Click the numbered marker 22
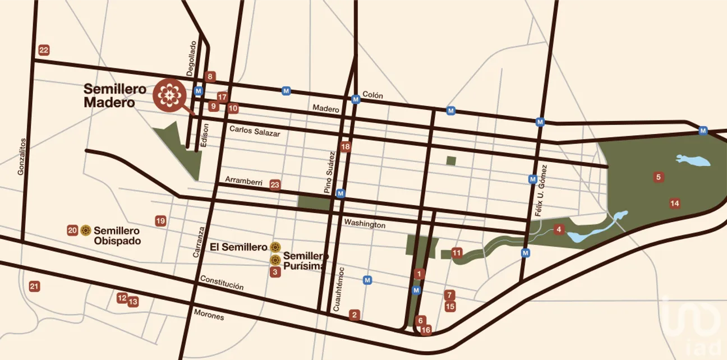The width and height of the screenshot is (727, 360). (x=44, y=50)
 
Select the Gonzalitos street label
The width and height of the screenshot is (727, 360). (x=22, y=157)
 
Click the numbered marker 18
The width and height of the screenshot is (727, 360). (x=346, y=147)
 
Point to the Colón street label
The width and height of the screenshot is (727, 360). (x=372, y=95)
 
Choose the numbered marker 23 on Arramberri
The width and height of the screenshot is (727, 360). (x=275, y=184)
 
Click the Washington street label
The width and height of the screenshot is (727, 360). (x=365, y=224)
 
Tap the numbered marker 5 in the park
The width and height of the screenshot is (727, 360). (x=659, y=177)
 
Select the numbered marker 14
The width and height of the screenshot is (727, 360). (x=674, y=203)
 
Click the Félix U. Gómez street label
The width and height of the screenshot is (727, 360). (x=540, y=191)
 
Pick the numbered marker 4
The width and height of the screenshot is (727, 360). (x=558, y=229)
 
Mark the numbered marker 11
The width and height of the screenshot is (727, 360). (x=457, y=252)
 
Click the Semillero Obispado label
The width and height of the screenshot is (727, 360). (x=117, y=236)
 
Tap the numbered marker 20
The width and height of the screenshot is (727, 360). (x=72, y=230)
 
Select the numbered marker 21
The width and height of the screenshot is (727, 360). (x=34, y=287)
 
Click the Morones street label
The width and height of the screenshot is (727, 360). (x=208, y=316)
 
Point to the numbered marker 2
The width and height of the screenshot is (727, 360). (x=354, y=315)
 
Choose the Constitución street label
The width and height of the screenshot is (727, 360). (x=222, y=283)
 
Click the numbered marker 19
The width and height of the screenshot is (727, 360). (x=160, y=221)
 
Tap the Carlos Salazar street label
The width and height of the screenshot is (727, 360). (x=254, y=131)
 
